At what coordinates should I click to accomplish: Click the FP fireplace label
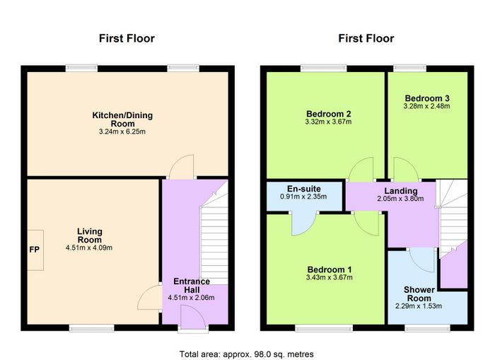click(35, 250)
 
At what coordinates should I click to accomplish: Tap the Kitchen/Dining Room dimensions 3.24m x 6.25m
click(122, 132)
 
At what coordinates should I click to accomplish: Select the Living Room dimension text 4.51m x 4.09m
click(89, 248)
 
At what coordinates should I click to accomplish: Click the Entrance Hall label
click(192, 286)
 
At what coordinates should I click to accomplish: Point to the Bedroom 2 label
click(329, 114)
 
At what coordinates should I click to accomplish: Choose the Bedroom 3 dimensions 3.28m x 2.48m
click(427, 106)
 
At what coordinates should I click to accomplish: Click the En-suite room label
click(303, 189)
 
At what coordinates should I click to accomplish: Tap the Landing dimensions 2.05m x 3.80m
click(400, 199)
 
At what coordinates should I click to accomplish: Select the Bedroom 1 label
click(330, 269)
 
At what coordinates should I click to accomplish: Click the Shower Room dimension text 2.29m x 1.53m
click(419, 306)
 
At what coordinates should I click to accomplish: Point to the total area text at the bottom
click(247, 354)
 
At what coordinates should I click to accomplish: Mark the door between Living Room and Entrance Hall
click(149, 298)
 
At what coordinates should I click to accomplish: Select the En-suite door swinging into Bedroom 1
click(303, 224)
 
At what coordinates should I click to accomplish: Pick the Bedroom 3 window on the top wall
click(409, 68)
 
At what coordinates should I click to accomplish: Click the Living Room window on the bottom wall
click(91, 328)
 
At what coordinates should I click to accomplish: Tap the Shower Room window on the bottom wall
click(427, 328)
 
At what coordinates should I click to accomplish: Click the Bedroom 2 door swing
click(361, 169)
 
